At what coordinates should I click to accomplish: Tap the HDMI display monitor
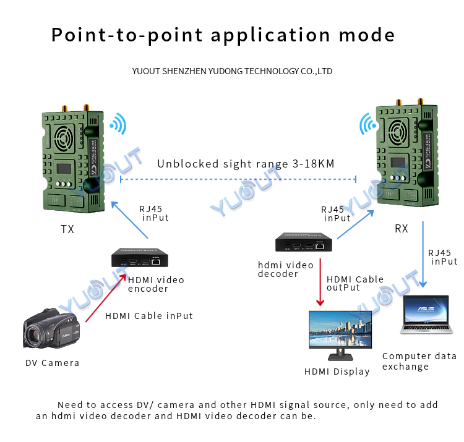click(340, 334)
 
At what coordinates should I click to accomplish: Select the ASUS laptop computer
click(426, 315)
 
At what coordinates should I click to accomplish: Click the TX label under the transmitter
click(67, 229)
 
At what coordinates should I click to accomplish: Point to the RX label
click(402, 229)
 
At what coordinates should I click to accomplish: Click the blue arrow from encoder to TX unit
click(129, 219)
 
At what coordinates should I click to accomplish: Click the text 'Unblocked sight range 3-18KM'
click(246, 164)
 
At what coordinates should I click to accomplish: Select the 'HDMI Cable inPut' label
click(149, 316)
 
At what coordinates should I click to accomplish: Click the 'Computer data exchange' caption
click(419, 361)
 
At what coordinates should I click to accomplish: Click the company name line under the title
click(232, 71)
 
